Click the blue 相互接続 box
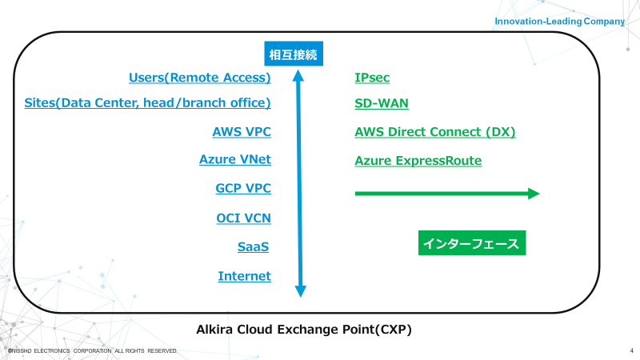pyautogui.click(x=294, y=54)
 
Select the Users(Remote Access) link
pyautogui.click(x=199, y=78)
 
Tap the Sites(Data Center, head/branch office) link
pyautogui.click(x=147, y=103)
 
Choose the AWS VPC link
pyautogui.click(x=242, y=132)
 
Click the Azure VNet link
pyautogui.click(x=235, y=159)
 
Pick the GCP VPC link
pyautogui.click(x=243, y=188)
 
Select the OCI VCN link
pyautogui.click(x=244, y=218)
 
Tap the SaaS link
pyautogui.click(x=253, y=246)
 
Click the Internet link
pyautogui.click(x=245, y=276)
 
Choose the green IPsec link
pyautogui.click(x=372, y=78)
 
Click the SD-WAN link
pyautogui.click(x=382, y=103)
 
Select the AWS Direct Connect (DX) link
pyautogui.click(x=435, y=132)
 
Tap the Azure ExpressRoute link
pyautogui.click(x=418, y=161)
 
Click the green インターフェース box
pyautogui.click(x=472, y=243)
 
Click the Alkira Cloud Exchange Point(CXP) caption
pyautogui.click(x=304, y=330)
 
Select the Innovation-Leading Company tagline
pyautogui.click(x=559, y=22)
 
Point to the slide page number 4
pyautogui.click(x=631, y=350)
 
